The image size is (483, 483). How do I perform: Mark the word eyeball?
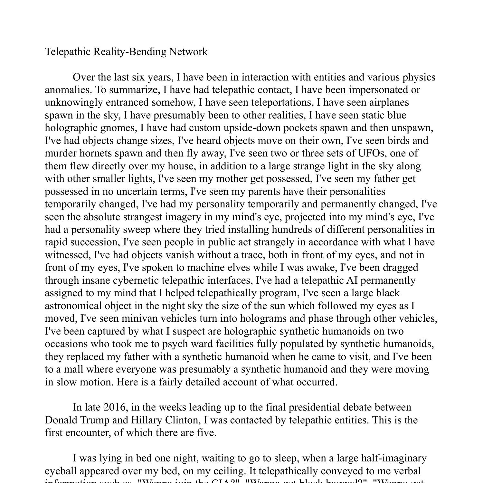(x=61, y=471)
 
